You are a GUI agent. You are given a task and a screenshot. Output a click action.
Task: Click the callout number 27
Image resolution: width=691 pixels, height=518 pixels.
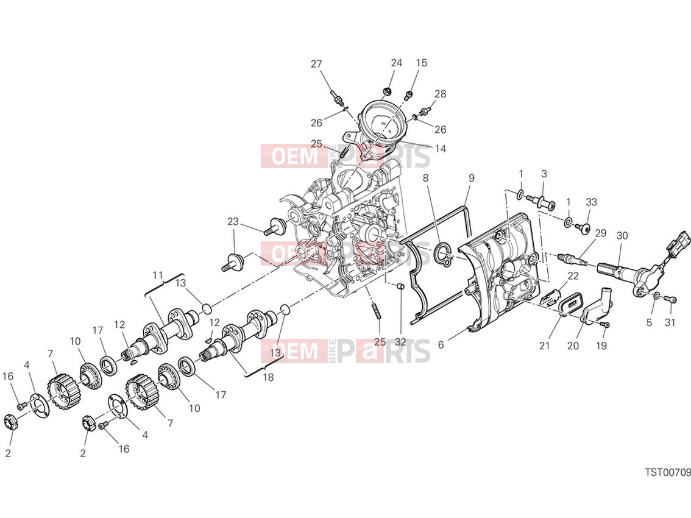click(316, 64)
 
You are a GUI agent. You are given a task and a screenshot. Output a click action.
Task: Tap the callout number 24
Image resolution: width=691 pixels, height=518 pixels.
click(397, 63)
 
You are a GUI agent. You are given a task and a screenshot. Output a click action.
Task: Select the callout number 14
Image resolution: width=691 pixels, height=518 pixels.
click(440, 149)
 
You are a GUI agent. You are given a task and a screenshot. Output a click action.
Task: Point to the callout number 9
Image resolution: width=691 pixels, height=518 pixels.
click(472, 178)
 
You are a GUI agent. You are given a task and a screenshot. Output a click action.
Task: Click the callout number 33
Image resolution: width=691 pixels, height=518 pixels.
click(592, 202)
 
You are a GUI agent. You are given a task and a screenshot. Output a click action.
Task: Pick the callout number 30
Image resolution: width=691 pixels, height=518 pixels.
click(622, 236)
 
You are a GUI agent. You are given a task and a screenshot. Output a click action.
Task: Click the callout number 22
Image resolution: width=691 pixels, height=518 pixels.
click(572, 276)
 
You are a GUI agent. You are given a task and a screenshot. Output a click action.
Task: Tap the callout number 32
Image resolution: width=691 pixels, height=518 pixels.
click(400, 342)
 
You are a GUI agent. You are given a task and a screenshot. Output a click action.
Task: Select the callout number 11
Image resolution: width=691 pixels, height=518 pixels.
click(158, 275)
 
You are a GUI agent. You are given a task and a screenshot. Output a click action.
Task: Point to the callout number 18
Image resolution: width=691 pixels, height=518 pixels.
click(268, 377)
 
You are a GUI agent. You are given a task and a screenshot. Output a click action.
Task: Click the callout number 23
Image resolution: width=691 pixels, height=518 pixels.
click(233, 221)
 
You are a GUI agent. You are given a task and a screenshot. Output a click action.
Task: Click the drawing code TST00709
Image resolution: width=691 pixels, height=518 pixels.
click(668, 472)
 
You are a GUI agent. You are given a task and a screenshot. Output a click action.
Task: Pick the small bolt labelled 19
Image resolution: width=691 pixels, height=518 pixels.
click(606, 325)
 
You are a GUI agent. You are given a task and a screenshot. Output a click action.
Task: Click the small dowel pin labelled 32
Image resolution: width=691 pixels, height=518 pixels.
click(400, 287)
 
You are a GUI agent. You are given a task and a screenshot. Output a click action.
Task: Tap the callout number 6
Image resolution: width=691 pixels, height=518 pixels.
click(441, 345)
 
